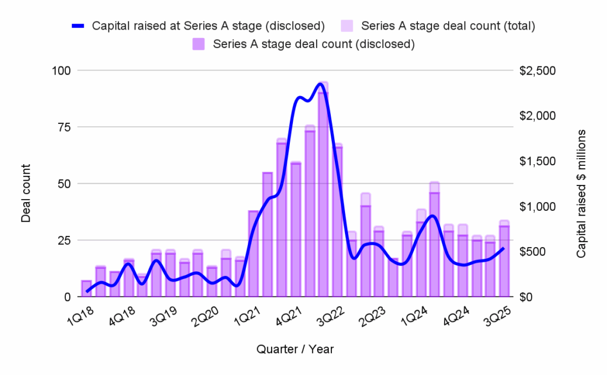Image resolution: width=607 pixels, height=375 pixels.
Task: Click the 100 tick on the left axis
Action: (x=62, y=70)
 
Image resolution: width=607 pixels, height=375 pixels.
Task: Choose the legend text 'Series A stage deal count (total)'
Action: (x=448, y=25)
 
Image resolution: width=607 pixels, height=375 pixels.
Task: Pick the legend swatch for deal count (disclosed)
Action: (x=199, y=43)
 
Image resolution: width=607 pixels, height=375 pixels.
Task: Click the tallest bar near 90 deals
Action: (x=323, y=195)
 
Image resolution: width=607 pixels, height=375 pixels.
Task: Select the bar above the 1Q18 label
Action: (x=86, y=289)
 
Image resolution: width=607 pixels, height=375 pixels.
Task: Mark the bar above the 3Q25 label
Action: (x=504, y=261)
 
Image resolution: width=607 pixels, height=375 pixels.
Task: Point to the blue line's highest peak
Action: (x=321, y=84)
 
